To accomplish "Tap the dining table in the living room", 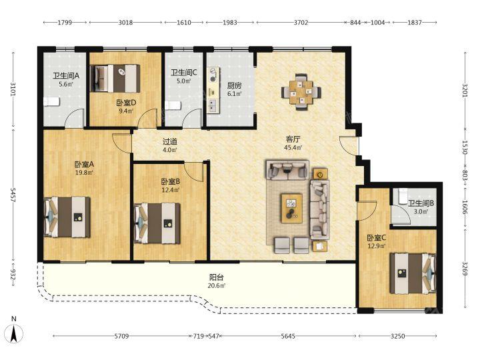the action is [x=301, y=91].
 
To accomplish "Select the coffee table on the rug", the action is [x=292, y=207].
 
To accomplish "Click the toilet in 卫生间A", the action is [x=51, y=101].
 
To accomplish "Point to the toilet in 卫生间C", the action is [x=173, y=105].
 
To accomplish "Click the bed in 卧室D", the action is [x=115, y=79].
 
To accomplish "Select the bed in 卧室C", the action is [x=413, y=273].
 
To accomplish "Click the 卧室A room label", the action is [x=84, y=165].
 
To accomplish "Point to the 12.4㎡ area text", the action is [x=171, y=190].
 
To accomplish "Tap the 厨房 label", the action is [x=234, y=86].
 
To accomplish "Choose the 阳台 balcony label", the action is [x=217, y=277].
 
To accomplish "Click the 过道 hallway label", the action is [x=170, y=142].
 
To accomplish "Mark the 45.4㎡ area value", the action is [x=293, y=147].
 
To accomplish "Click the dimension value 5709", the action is [x=121, y=336].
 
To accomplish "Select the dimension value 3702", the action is [x=301, y=23].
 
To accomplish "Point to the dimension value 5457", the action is [x=13, y=195].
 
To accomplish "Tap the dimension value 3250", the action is [x=397, y=336].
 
